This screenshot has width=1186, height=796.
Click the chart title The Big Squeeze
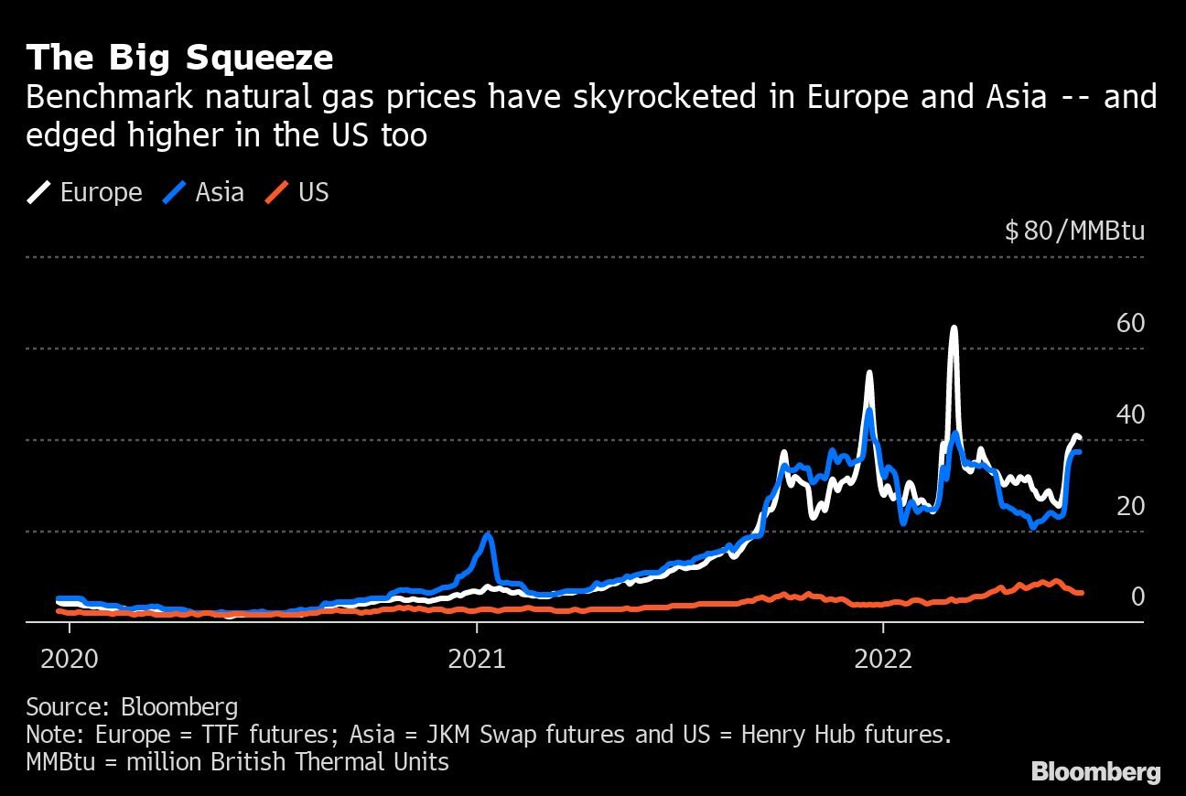179,58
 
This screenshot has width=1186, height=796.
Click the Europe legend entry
85,192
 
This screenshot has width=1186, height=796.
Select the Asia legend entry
204,192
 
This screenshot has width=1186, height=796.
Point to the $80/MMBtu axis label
1074,231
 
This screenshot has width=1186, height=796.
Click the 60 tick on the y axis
1130,323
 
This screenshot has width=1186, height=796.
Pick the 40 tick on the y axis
1130,414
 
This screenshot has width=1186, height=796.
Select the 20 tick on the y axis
1130,506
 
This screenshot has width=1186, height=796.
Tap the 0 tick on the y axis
1137,597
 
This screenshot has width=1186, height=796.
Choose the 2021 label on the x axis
477,659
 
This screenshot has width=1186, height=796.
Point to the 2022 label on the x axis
883,659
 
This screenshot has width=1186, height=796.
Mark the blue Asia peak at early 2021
489,534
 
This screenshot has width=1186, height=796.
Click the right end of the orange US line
1081,593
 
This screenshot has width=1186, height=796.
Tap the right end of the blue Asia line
1080,452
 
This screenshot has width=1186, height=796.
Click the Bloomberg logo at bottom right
1095,771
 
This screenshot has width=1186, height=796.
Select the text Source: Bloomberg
132,706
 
